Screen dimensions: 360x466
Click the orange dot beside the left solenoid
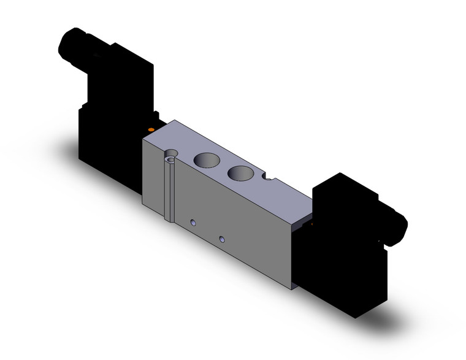point(151,129)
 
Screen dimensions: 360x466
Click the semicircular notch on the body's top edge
point(267,178)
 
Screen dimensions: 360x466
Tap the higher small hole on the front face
point(193,222)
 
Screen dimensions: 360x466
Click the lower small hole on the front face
point(221,237)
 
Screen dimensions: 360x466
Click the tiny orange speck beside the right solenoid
point(313,225)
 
